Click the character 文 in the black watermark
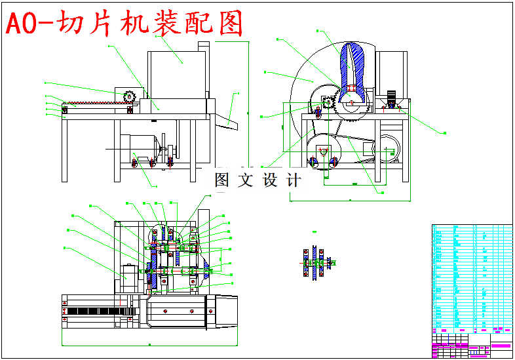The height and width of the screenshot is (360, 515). tap(246, 180)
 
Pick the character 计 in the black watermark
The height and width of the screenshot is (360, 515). tap(293, 180)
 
